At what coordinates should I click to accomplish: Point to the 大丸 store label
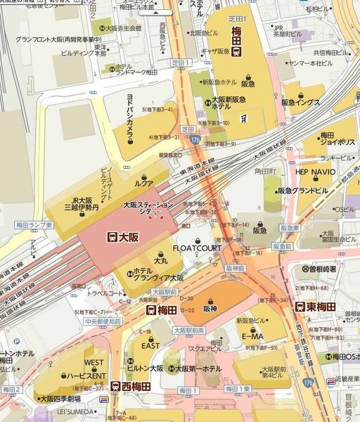[x=160, y=260]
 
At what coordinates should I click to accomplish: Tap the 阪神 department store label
[x=210, y=308]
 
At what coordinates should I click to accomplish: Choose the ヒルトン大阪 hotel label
[x=145, y=368]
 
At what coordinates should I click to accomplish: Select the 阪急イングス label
[x=300, y=102]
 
